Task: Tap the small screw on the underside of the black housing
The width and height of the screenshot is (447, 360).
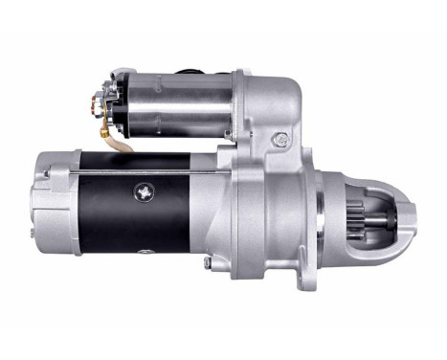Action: click(x=144, y=253)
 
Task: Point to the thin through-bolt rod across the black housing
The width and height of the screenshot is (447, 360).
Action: click(x=144, y=172)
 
